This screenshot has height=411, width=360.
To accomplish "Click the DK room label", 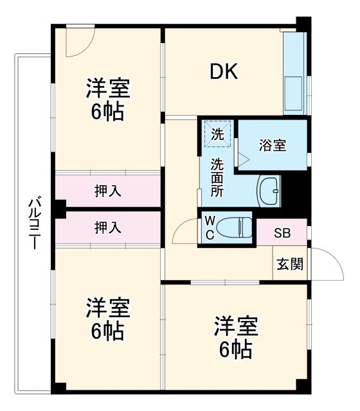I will click(x=224, y=73).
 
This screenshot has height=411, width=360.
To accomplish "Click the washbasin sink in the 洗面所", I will click(x=269, y=191).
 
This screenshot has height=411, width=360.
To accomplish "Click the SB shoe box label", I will click(x=282, y=233).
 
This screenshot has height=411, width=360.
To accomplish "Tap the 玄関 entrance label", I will click(x=290, y=264).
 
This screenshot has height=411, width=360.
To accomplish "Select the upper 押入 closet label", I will click(x=108, y=191).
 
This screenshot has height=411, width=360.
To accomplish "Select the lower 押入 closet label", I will click(x=108, y=227).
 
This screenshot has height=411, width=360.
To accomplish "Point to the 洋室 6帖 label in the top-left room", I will click(x=108, y=100).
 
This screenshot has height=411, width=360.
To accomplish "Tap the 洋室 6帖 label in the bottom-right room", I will click(x=236, y=337).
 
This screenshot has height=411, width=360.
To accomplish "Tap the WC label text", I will click(x=210, y=227).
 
